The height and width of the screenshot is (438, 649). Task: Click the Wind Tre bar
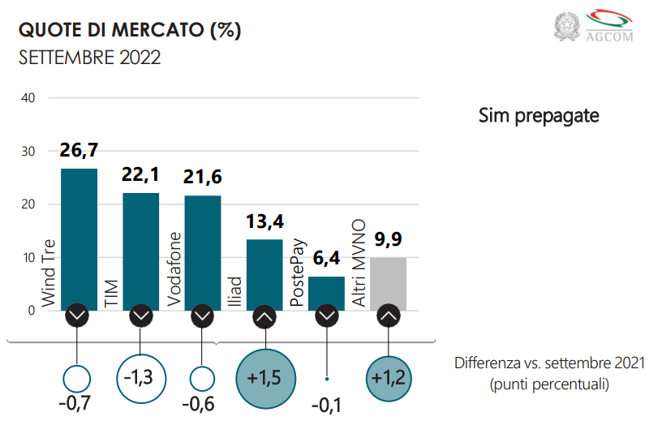pyautogui.click(x=79, y=235)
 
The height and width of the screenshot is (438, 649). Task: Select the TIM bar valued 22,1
pyautogui.click(x=140, y=247)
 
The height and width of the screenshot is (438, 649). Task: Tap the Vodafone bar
pyautogui.click(x=202, y=247)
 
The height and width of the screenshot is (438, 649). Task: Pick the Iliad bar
pyautogui.click(x=264, y=272)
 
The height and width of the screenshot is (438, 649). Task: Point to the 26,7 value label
pyautogui.click(x=79, y=150)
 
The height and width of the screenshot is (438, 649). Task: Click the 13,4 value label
pyautogui.click(x=264, y=221)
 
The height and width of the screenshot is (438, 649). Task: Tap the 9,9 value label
pyautogui.click(x=388, y=240)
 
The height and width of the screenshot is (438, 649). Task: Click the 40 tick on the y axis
pyautogui.click(x=29, y=98)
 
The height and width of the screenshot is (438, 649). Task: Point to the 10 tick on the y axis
pyautogui.click(x=29, y=258)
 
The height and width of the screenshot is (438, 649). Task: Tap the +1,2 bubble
pyautogui.click(x=388, y=377)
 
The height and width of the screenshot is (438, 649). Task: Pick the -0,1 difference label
pyautogui.click(x=326, y=404)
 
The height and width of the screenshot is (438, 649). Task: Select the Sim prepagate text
pyautogui.click(x=539, y=116)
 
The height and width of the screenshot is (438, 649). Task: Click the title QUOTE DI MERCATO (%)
pyautogui.click(x=130, y=31)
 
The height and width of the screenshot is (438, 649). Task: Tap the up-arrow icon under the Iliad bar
pyautogui.click(x=264, y=316)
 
